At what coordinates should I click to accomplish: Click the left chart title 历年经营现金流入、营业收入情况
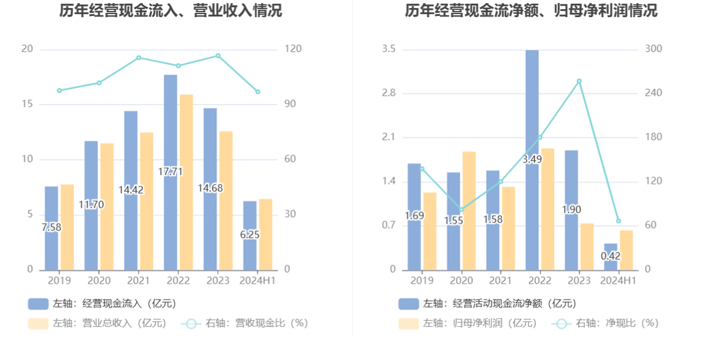[171, 10]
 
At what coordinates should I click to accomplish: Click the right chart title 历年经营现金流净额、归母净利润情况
[531, 10]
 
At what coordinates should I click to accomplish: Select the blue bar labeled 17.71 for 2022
[171, 172]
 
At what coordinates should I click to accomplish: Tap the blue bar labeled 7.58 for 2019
[51, 229]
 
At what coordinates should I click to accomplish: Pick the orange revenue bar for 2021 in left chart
[147, 201]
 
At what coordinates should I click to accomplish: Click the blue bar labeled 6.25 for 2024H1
[250, 236]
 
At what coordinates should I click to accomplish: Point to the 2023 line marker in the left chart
[218, 56]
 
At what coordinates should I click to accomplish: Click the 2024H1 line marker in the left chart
[257, 92]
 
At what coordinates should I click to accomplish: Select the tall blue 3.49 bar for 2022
[532, 160]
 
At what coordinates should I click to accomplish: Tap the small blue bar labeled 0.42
[611, 257]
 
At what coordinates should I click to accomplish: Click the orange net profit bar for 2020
[469, 211]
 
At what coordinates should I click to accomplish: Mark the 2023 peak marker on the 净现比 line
[579, 81]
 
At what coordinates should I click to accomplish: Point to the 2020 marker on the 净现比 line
[461, 210]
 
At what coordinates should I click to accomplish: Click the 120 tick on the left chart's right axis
[293, 49]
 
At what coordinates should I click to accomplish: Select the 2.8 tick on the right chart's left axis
[389, 93]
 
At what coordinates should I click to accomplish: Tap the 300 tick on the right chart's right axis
[653, 49]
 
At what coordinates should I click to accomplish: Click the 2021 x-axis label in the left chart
[139, 281]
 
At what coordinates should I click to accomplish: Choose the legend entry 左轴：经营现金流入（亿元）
[103, 304]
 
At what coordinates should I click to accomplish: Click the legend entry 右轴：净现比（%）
[605, 323]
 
